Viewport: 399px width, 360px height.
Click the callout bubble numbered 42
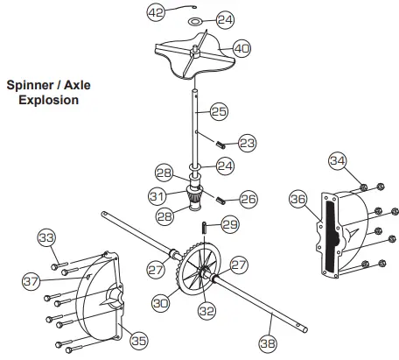tap(155, 14)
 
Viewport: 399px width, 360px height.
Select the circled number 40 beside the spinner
tap(241, 49)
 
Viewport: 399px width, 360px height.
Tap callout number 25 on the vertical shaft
tap(220, 112)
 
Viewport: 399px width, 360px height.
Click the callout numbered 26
tap(248, 199)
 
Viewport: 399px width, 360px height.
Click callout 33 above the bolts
tap(46, 237)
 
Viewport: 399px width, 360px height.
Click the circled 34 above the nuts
tap(339, 160)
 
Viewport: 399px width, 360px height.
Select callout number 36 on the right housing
tap(299, 200)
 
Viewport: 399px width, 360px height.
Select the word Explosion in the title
tap(50, 100)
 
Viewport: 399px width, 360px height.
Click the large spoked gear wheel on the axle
tap(198, 268)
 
